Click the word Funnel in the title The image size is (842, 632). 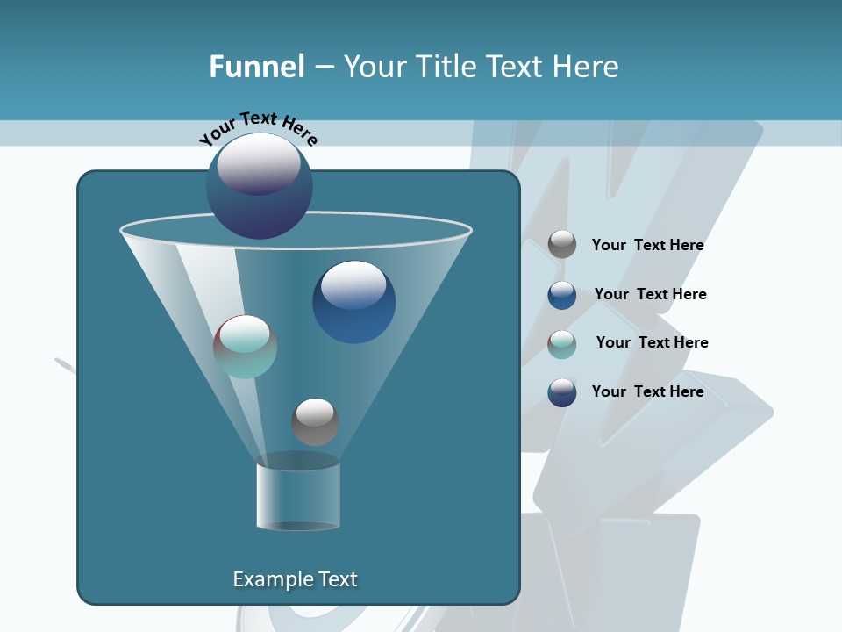click(257, 67)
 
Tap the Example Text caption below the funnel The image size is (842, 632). click(295, 579)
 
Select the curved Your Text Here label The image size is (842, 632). click(258, 129)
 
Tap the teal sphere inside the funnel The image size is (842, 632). click(245, 348)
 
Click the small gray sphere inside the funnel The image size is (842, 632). click(315, 422)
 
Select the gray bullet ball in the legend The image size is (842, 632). click(562, 245)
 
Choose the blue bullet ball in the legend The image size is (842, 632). click(562, 295)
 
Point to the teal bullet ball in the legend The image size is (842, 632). click(562, 344)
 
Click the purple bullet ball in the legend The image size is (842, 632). click(562, 392)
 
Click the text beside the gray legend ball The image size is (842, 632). click(647, 245)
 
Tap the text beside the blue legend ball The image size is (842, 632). click(650, 294)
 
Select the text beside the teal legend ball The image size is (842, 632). click(652, 342)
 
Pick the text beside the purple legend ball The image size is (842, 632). click(647, 391)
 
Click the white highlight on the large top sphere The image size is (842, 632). click(258, 162)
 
